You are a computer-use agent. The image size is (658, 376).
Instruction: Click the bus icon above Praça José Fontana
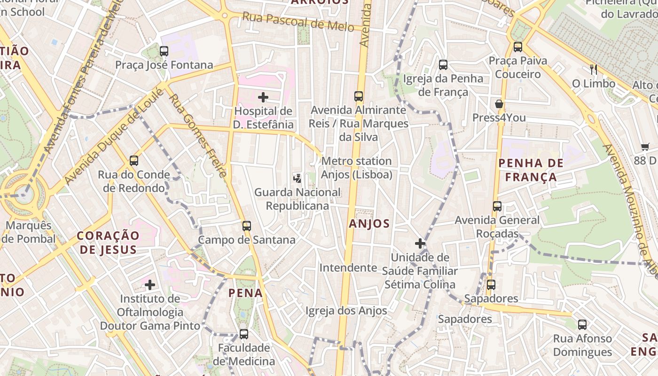click(164, 51)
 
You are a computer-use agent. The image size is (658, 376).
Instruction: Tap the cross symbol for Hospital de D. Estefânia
click(263, 97)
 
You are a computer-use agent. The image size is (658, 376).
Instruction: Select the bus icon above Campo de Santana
click(247, 226)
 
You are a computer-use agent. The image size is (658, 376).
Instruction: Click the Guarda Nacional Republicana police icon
click(297, 178)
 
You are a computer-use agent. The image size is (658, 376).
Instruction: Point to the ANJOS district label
click(369, 224)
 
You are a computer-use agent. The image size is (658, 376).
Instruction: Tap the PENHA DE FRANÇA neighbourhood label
click(531, 170)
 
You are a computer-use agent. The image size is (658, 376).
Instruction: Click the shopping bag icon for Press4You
click(499, 104)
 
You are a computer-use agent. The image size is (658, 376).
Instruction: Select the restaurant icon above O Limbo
click(593, 70)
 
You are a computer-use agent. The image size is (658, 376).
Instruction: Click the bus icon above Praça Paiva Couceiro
click(517, 47)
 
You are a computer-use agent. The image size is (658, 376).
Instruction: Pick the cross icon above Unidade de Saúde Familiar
click(420, 243)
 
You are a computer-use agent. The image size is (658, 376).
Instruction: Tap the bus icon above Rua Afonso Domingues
click(582, 324)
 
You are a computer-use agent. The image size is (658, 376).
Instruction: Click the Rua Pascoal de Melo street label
click(298, 22)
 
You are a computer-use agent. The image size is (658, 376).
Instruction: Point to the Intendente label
click(348, 268)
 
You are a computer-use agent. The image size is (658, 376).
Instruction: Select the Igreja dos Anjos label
click(346, 311)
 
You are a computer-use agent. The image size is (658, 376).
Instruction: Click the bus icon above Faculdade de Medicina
click(243, 334)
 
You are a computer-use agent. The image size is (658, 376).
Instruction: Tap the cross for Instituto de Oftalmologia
click(150, 285)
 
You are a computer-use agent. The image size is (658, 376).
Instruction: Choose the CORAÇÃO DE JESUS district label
click(108, 243)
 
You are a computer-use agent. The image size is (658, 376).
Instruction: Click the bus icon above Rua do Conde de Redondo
click(134, 161)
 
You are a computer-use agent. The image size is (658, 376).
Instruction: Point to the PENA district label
click(245, 293)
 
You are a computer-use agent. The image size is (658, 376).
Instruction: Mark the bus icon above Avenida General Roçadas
click(497, 206)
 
